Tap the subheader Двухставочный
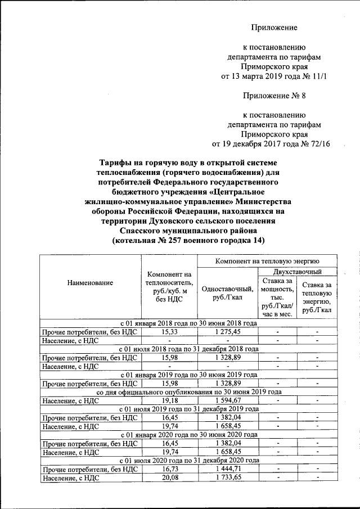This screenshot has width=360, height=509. (296, 272)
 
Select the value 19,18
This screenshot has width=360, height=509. (169, 400)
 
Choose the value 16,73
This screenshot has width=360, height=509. (169, 469)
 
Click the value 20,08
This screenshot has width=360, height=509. (169, 478)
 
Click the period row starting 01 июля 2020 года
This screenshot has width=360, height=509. (188, 460)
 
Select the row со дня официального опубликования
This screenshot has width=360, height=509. (188, 392)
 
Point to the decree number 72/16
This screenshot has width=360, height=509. (318, 144)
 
